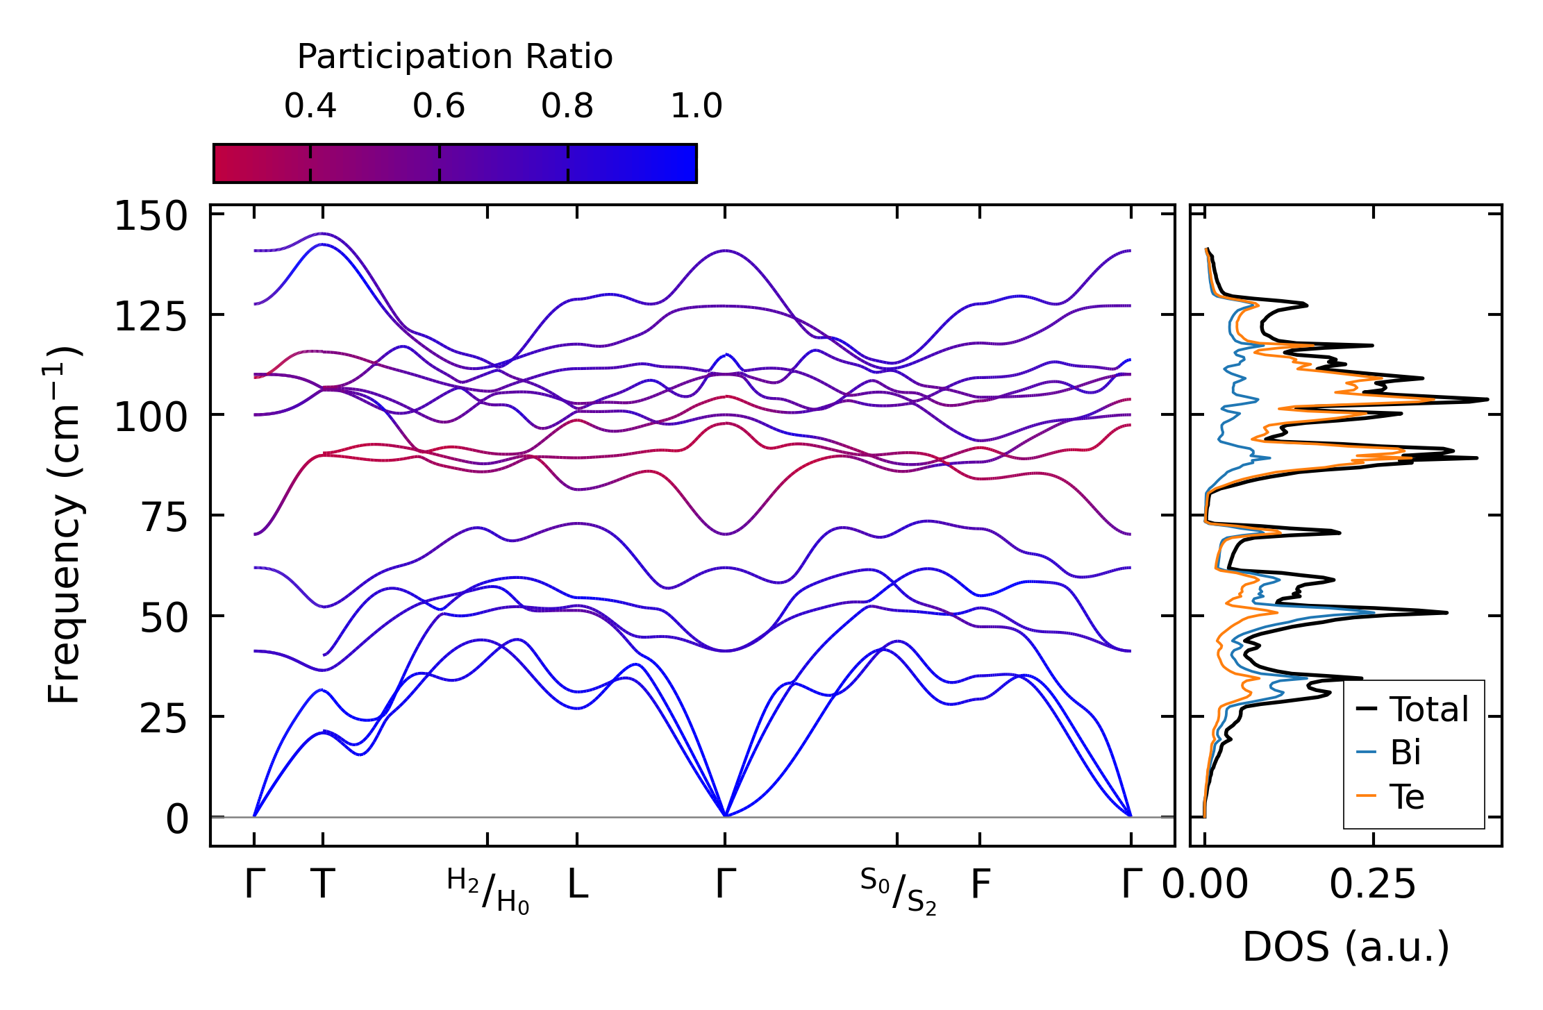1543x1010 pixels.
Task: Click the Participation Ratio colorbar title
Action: click(x=455, y=57)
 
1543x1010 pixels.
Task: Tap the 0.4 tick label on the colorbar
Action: click(x=310, y=106)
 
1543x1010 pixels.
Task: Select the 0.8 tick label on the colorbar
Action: click(x=567, y=106)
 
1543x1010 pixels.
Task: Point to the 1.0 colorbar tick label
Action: click(x=697, y=106)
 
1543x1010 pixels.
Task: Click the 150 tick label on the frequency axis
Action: click(x=151, y=217)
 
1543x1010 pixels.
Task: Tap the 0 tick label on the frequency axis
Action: click(x=176, y=820)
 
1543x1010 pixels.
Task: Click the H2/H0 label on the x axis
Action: click(x=487, y=891)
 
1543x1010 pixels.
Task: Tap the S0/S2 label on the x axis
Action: click(x=898, y=891)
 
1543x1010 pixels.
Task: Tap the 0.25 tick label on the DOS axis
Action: click(x=1372, y=885)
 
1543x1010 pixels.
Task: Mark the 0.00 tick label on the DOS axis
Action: click(x=1205, y=885)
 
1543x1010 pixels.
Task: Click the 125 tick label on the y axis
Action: click(x=151, y=318)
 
